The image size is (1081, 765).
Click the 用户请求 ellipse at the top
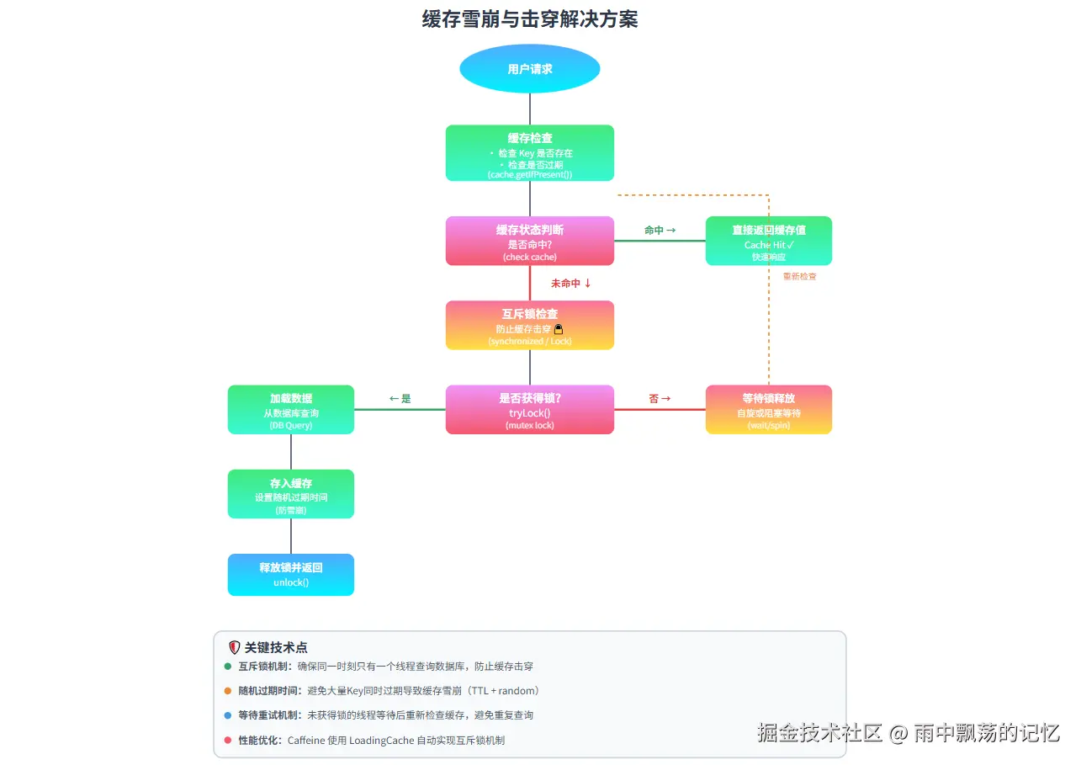tap(529, 68)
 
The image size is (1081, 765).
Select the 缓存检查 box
tap(529, 152)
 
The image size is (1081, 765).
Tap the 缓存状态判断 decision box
tap(529, 241)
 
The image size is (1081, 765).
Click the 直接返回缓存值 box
tap(768, 241)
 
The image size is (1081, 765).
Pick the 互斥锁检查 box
tap(529, 325)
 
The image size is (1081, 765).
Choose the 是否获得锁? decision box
tap(529, 409)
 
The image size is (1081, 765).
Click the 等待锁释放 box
tap(768, 409)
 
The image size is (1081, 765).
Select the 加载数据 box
tap(290, 409)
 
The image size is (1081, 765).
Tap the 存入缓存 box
tap(290, 493)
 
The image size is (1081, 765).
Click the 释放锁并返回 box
tap(290, 574)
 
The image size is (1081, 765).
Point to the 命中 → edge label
tap(660, 230)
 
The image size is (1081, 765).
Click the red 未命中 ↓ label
tap(570, 284)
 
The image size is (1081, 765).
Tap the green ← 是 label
tap(400, 399)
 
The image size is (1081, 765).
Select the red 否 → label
tap(660, 399)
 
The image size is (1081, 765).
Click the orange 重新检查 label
tap(799, 276)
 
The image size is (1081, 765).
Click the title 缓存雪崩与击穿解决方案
tap(530, 19)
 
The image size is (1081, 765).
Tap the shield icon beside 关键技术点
tap(235, 647)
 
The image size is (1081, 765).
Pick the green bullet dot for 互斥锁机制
tap(228, 667)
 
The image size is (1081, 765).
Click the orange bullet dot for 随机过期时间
tap(228, 691)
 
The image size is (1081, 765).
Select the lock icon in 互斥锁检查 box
tap(558, 329)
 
